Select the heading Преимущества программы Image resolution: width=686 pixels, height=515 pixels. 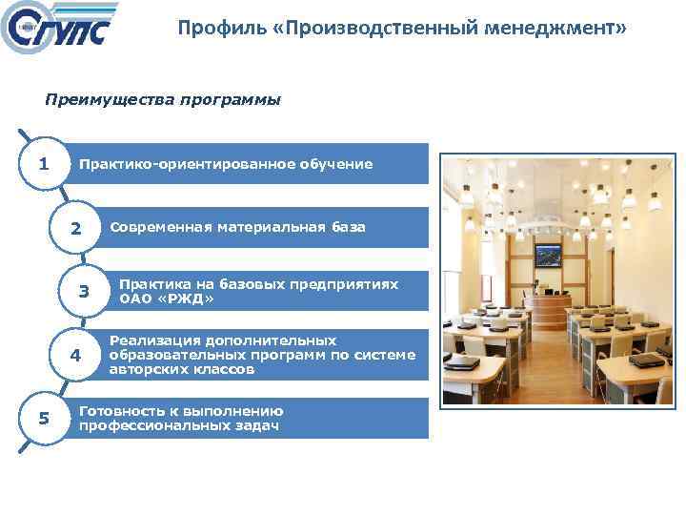163,99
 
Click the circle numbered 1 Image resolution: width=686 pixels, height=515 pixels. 43,164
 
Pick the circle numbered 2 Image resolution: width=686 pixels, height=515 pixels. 76,229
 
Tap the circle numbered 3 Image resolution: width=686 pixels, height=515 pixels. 84,292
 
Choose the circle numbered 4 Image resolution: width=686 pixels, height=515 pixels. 76,356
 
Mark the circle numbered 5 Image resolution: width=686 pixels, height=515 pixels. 43,419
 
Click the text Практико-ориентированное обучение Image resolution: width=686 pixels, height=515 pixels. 226,164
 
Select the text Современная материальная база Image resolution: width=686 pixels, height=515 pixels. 237,227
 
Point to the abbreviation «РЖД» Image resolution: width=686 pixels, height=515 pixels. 183,299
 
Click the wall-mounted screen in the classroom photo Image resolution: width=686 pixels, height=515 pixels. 548,255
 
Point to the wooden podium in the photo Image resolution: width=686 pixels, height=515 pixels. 547,308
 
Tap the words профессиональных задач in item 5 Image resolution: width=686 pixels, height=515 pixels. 179,425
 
